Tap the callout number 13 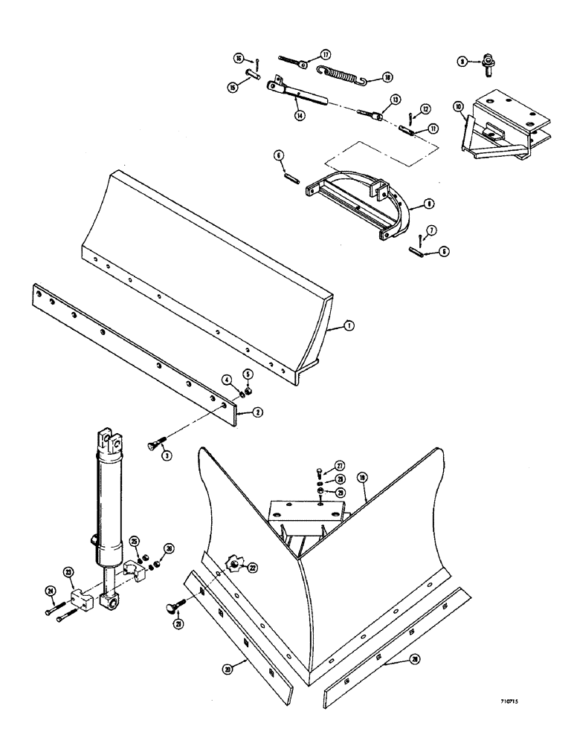click(396, 99)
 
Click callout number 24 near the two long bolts click(51, 591)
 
